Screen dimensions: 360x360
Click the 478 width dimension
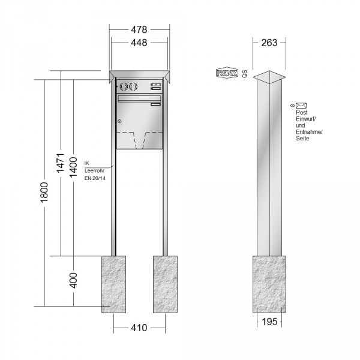[139, 29]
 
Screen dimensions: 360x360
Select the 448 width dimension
[139, 43]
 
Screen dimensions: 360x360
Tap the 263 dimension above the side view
[269, 43]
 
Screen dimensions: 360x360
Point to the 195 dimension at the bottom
[269, 322]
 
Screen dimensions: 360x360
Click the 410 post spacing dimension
[139, 328]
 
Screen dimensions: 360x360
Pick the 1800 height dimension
[44, 193]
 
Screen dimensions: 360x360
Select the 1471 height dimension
[61, 163]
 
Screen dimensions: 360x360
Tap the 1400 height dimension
[73, 167]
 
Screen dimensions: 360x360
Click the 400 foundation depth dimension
[73, 280]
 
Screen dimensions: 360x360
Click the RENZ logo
[227, 73]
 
